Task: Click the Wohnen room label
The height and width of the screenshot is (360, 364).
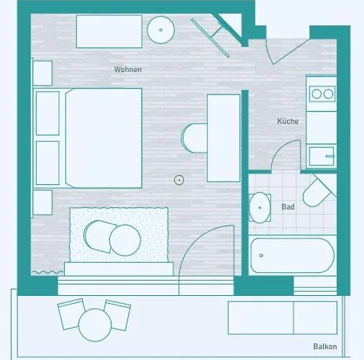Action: click(x=127, y=69)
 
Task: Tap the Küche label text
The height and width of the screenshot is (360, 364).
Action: click(x=288, y=121)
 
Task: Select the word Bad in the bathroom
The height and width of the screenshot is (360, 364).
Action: click(x=288, y=207)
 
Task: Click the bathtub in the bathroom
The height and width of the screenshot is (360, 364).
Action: click(x=292, y=256)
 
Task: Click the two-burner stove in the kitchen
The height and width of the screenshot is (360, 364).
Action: click(x=321, y=93)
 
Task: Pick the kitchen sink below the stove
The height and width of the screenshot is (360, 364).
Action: click(x=321, y=156)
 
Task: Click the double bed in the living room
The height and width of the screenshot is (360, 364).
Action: click(x=104, y=138)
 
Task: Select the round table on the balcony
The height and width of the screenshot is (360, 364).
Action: click(x=94, y=325)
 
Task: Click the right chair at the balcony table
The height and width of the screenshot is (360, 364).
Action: click(x=117, y=313)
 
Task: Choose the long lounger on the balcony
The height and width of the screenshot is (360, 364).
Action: click(x=282, y=318)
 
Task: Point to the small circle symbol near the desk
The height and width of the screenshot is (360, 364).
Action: click(x=179, y=180)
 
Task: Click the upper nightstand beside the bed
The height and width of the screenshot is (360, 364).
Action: click(x=42, y=73)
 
